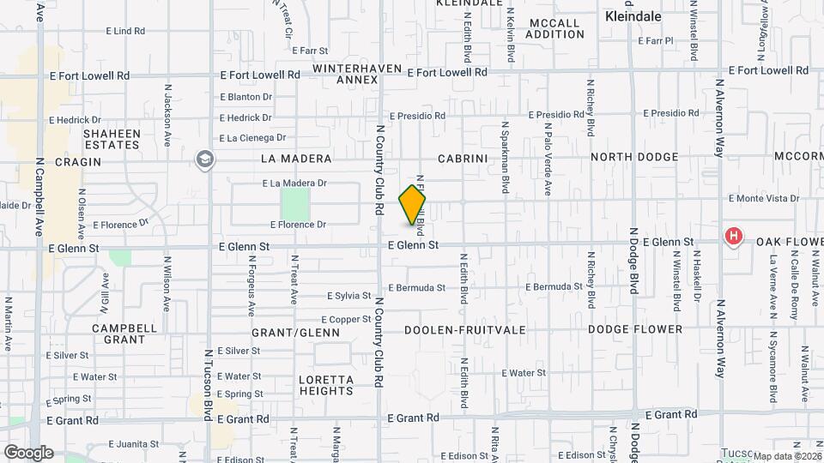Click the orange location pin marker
click(x=412, y=205)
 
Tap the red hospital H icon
click(x=733, y=235)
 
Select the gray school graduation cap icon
click(x=204, y=159)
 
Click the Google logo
click(x=28, y=452)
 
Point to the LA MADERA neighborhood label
click(x=296, y=159)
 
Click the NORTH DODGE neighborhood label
click(x=634, y=157)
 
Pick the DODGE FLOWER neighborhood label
click(x=635, y=329)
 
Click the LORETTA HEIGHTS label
click(x=325, y=385)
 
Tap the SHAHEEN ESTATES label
click(x=112, y=139)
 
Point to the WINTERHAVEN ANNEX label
click(x=346, y=74)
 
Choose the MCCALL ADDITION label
click(x=556, y=28)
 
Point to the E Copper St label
click(x=348, y=319)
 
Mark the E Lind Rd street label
click(x=125, y=31)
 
